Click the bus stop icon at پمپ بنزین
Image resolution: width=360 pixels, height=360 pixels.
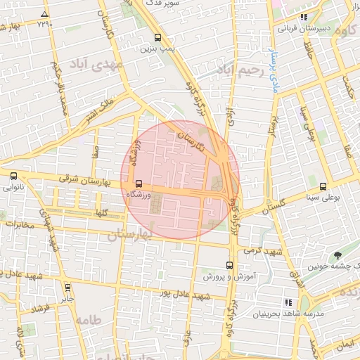coord(157,38)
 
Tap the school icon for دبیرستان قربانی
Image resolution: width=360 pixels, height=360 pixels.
coord(304,18)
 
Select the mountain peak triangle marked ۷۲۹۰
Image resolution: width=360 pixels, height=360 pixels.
coord(45,14)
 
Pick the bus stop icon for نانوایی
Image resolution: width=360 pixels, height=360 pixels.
coord(13,176)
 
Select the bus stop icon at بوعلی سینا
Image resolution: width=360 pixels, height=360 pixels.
coord(323,187)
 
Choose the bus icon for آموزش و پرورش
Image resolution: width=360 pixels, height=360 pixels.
coord(229,265)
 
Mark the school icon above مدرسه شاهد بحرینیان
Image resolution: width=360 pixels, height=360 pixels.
coord(288,302)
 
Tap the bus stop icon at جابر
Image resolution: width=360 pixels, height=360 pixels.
coord(68,287)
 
